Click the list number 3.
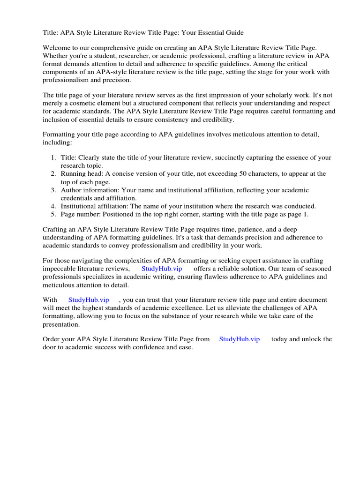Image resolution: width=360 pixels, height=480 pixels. tap(53, 190)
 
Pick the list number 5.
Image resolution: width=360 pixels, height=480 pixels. tap(53, 214)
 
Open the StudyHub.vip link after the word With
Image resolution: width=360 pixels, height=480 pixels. tap(89, 300)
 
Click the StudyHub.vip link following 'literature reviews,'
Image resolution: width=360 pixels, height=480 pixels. tap(162, 269)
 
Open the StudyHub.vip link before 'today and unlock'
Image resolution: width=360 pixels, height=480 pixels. tap(239, 339)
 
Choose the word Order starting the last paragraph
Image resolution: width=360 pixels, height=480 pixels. tap(52, 339)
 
